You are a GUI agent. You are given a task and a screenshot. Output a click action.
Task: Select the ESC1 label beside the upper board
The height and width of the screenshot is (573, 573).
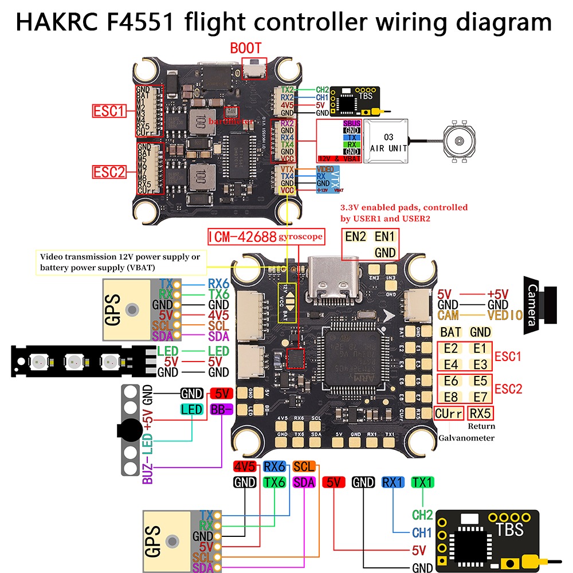pyautogui.click(x=109, y=110)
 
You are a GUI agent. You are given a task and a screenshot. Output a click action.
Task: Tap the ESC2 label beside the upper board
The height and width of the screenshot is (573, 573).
pyautogui.click(x=109, y=171)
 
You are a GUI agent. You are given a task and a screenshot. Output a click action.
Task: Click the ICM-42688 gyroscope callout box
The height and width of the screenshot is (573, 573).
pyautogui.click(x=266, y=236)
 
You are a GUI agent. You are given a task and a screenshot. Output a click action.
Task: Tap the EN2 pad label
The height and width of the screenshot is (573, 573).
pyautogui.click(x=355, y=237)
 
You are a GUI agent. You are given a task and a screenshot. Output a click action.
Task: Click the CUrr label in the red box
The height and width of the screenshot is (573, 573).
pyautogui.click(x=449, y=413)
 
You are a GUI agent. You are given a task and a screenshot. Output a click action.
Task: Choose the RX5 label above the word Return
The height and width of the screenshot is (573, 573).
pyautogui.click(x=480, y=413)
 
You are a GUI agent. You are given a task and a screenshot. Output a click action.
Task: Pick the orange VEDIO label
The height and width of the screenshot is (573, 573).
pyautogui.click(x=505, y=315)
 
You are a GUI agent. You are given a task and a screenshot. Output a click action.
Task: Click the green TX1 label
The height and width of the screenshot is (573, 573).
pyautogui.click(x=423, y=482)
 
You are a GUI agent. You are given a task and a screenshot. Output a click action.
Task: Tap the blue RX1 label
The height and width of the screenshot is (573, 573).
pyautogui.click(x=393, y=482)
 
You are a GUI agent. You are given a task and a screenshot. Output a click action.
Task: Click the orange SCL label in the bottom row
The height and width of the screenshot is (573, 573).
pyautogui.click(x=303, y=467)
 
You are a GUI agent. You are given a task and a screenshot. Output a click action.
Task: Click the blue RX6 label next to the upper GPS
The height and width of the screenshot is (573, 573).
pyautogui.click(x=218, y=282)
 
